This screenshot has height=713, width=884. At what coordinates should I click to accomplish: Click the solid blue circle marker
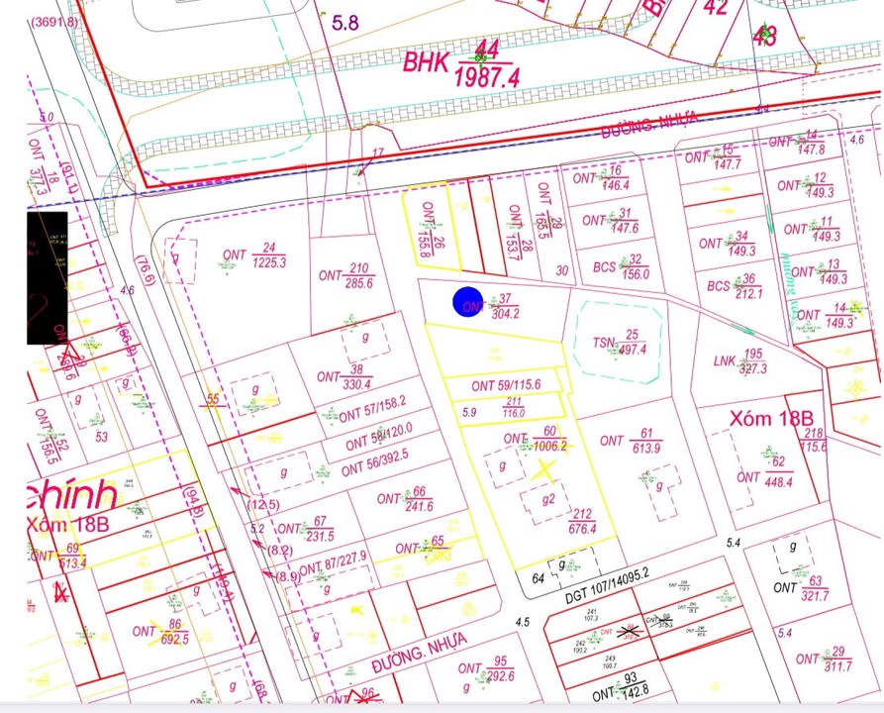coord(467,303)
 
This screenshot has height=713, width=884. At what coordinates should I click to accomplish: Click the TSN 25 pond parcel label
coord(620,342)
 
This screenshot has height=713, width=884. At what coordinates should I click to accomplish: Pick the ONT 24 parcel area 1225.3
coord(268,262)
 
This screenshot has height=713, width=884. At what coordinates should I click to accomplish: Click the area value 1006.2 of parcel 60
coord(549,446)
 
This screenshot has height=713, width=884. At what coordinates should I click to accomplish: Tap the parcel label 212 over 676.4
coord(581,521)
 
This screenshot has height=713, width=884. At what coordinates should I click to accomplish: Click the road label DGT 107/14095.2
coord(606,572)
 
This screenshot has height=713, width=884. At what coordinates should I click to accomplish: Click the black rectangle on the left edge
coord(48,277)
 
